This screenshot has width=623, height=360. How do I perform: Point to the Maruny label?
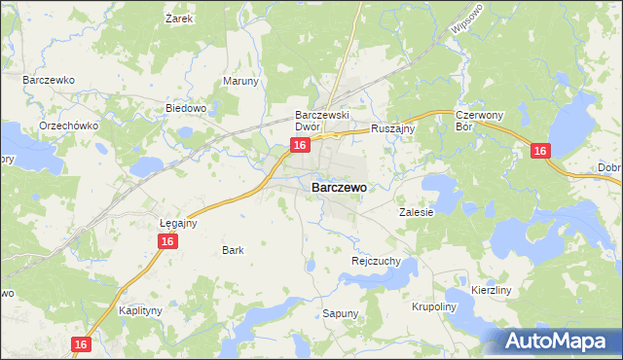[241, 81]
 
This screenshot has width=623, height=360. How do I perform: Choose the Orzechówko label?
[64, 126]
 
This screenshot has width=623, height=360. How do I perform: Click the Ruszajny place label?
[394, 127]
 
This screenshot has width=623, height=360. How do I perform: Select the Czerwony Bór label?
[478, 121]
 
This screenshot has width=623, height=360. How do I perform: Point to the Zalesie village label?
[416, 210]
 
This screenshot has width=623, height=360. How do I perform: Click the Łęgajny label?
[178, 223]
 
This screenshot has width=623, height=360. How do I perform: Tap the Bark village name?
[233, 250]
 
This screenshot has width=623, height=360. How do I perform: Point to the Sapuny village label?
[341, 313]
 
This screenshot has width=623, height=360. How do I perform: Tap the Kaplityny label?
[139, 310]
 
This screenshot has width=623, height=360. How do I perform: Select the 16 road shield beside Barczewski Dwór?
[300, 145]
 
